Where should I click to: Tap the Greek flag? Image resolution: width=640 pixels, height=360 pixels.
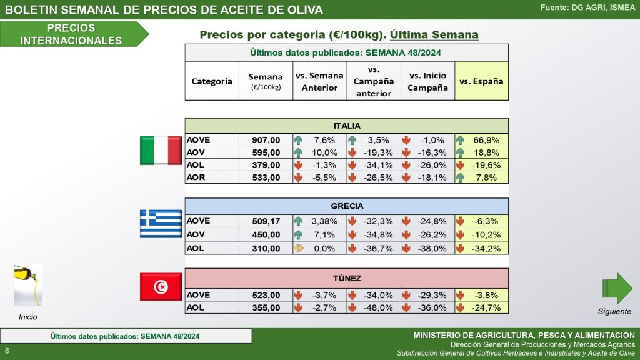tap(161, 224)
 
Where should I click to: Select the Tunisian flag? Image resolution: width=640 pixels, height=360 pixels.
tap(161, 287)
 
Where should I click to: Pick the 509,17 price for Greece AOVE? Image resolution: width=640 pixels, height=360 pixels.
tap(266, 220)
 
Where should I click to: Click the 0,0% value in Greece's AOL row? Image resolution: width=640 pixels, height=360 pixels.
tap(325, 248)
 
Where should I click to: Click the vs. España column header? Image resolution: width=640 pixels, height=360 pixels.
tap(481, 81)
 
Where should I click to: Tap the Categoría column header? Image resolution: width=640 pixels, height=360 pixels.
tap(212, 81)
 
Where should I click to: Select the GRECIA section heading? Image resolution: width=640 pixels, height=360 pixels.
tap(347, 206)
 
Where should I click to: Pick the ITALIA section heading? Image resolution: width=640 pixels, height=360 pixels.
tap(347, 126)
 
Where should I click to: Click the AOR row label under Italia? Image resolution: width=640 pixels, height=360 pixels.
tap(197, 177)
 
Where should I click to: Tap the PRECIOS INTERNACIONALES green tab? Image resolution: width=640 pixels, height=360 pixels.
tap(71, 34)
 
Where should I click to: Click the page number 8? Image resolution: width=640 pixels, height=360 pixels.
tap(7, 350)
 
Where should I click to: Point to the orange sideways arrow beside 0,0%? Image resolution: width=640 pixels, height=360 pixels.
tap(298, 248)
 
